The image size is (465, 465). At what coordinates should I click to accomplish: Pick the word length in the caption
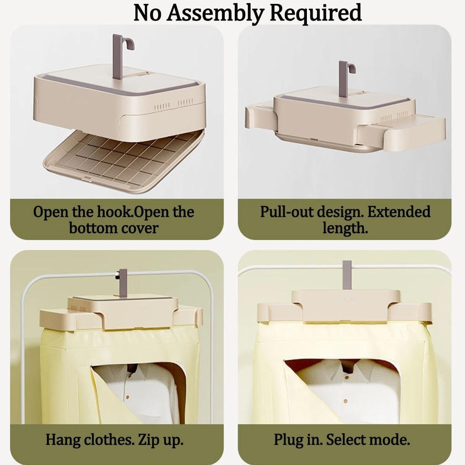(345, 228)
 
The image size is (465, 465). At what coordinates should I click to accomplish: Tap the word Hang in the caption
(63, 440)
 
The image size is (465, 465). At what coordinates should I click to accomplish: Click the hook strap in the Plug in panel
(347, 275)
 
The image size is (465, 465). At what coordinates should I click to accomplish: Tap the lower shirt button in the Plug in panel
(346, 401)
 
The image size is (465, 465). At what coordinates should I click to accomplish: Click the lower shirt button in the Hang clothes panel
(127, 397)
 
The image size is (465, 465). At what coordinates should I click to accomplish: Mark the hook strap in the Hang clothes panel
(123, 284)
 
